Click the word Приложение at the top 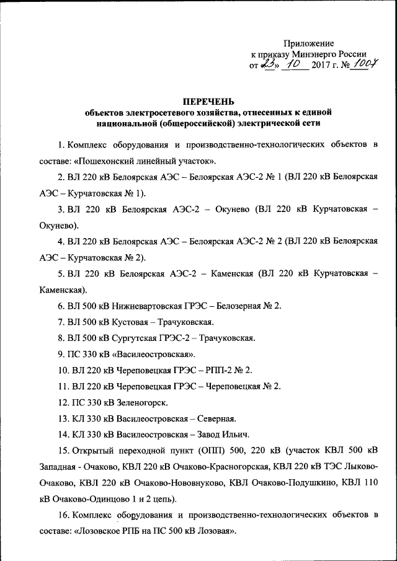click(309, 43)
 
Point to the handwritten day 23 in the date click(270, 65)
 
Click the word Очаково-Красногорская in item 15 click(223, 467)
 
